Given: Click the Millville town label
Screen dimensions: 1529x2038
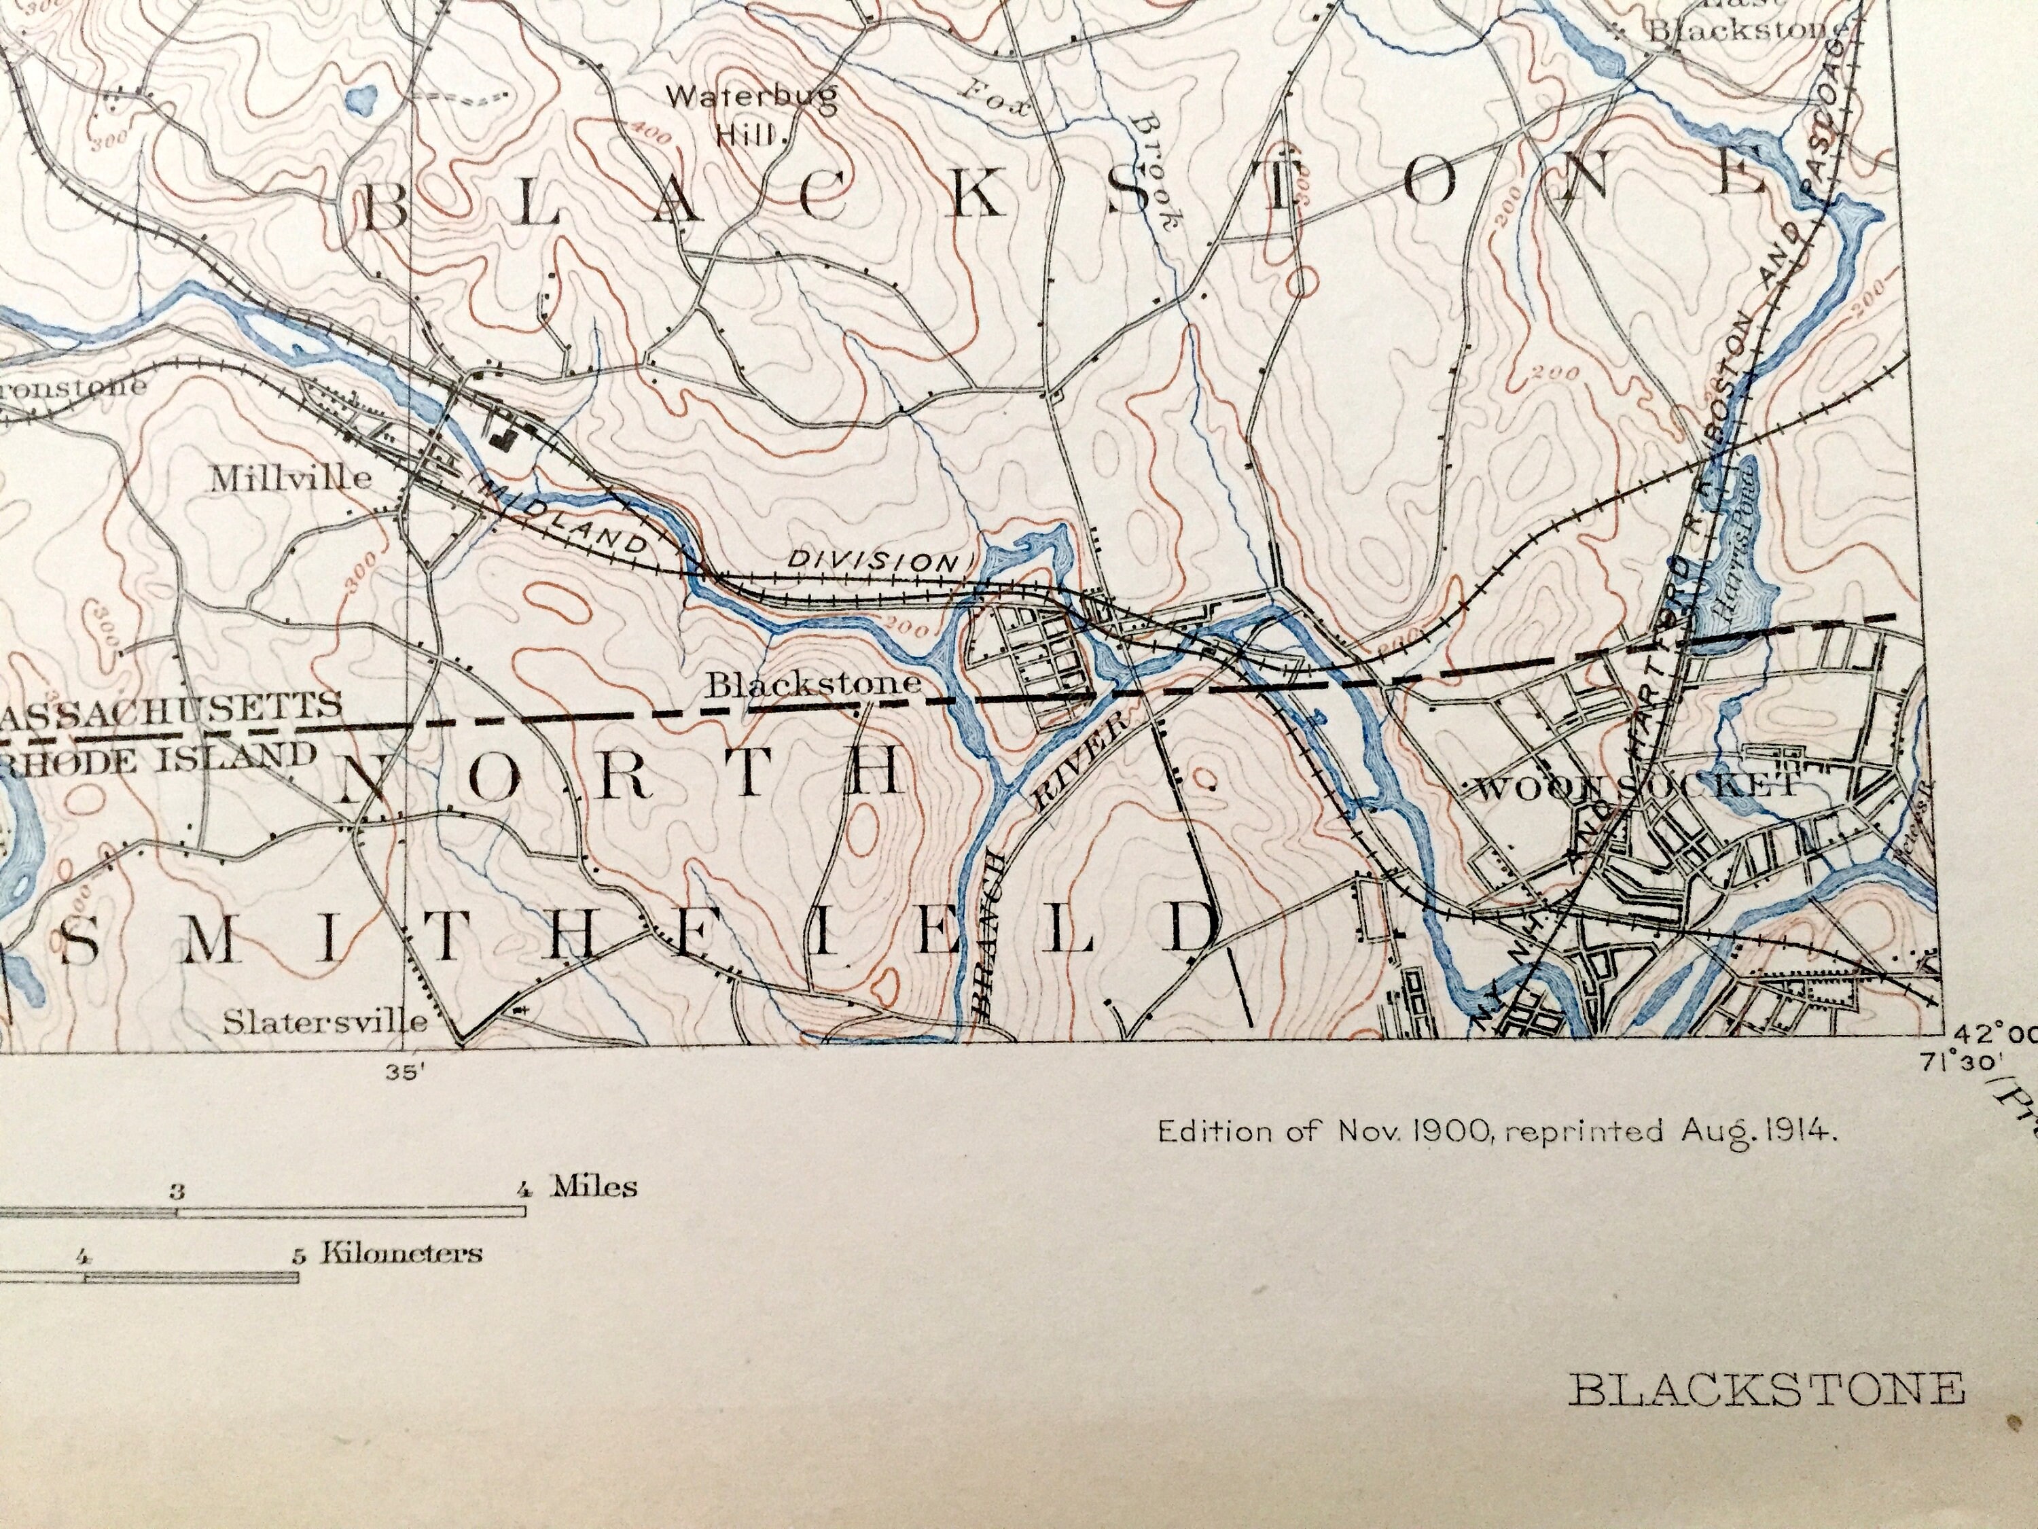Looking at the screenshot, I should coord(291,478).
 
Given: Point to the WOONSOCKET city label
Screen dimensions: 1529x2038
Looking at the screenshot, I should coord(1635,786).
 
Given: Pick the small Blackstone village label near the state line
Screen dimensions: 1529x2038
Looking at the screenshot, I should coord(814,684).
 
